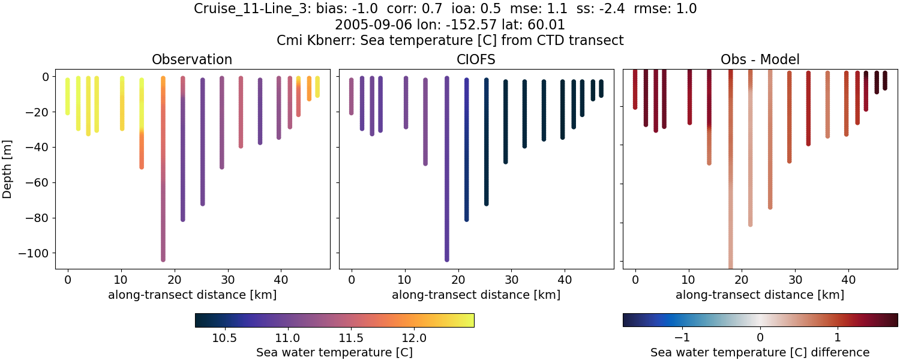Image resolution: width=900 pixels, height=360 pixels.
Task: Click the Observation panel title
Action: [x=192, y=59]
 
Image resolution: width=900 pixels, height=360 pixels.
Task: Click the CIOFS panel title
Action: [x=476, y=59]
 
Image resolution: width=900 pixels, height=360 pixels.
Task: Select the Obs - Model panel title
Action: [x=760, y=59]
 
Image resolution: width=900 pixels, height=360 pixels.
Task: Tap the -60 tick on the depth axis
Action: [x=43, y=182]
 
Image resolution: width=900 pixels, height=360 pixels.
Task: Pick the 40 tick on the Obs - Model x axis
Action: [x=848, y=279]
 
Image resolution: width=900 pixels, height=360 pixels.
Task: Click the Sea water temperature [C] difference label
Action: [x=760, y=352]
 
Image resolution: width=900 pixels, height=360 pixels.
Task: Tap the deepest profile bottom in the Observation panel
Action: [x=163, y=259]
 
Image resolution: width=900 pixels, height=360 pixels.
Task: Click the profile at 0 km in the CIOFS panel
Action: [x=351, y=96]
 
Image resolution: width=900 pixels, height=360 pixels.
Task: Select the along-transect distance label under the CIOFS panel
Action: [x=476, y=295]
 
